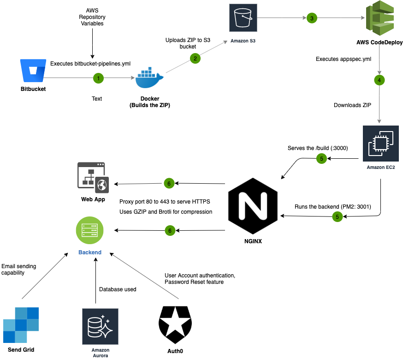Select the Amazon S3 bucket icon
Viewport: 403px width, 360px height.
(243, 19)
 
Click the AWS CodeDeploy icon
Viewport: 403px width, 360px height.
(379, 20)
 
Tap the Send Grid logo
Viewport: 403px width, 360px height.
(21, 325)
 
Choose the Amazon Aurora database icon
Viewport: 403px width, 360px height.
(100, 327)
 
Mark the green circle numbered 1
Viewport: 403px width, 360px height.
(98, 78)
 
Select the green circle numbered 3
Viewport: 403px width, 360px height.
(312, 18)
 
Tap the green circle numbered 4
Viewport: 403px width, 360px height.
(379, 80)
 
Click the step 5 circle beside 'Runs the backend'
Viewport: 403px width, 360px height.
(338, 216)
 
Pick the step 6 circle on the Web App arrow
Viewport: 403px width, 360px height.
(169, 184)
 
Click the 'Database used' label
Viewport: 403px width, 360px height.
(118, 289)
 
